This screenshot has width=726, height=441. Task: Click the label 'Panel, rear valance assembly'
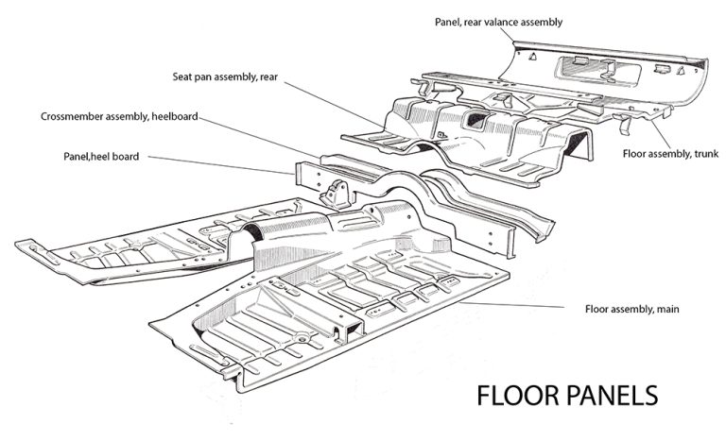coord(498,23)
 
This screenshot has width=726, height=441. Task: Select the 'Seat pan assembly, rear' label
coord(225,76)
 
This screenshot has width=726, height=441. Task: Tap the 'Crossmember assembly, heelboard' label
coord(119,116)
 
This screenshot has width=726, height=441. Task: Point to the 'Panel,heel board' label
coord(101,157)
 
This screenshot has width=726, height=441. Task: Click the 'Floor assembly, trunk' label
coord(670,154)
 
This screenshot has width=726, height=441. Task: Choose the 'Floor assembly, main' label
coord(632,309)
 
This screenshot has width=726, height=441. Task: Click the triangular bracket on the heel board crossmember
coord(337,194)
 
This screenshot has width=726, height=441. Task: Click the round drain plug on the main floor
coord(302,338)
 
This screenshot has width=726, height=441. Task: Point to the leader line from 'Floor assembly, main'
coord(512,304)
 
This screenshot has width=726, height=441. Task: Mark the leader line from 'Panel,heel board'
coord(221,165)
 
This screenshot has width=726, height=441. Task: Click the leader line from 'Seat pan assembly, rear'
coord(335,105)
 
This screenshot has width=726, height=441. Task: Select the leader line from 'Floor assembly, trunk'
coord(661,133)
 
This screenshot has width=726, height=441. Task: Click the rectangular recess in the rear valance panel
coord(600,70)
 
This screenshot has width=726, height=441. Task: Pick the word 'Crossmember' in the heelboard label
coord(71,116)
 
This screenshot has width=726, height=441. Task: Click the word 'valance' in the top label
coord(500,23)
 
